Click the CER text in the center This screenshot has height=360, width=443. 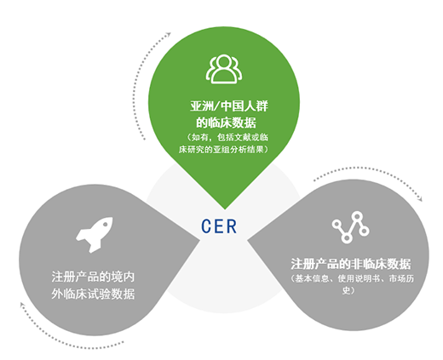pos(219,226)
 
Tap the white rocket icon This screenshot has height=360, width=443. pos(95,235)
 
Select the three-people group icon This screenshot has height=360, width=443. pos(224,69)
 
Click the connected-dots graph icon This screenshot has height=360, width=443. pos(350,227)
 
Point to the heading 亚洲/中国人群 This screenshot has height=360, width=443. pos(229,106)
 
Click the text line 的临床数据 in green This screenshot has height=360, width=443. pos(226,123)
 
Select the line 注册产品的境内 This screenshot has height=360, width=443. pos(93,277)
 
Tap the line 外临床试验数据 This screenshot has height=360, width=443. pos(93,294)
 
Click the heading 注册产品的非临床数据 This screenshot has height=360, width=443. pos(351,264)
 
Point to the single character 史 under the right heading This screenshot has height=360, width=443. pos(347,290)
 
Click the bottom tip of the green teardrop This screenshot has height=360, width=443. pos(225,209)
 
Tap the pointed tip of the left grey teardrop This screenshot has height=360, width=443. pos(199,240)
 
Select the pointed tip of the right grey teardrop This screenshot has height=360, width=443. pos(248,240)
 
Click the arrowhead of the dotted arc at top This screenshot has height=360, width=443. pos(169,34)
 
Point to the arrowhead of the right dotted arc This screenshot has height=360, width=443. pos(420,199)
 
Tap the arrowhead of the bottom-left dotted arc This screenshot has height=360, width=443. pos(22,305)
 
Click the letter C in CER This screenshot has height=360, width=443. pos(206,226)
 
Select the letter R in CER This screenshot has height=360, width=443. pos(232,226)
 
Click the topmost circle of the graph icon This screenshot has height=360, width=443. pos(357,216)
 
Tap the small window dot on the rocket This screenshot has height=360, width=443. pos(106,225)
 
